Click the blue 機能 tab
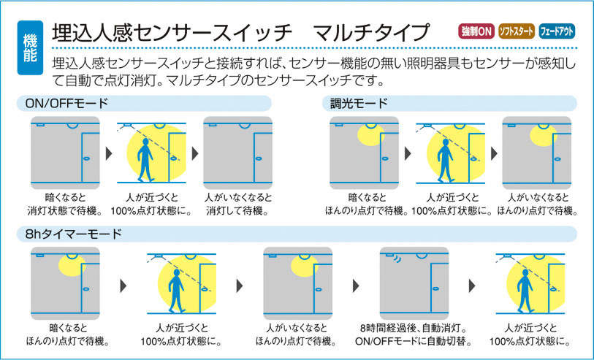[30, 47]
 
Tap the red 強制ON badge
[476, 31]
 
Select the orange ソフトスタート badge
[517, 31]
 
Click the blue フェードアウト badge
[557, 31]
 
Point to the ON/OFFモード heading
[66, 104]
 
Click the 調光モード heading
[359, 104]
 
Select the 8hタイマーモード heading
[74, 234]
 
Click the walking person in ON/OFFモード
[145, 159]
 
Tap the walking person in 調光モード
[445, 160]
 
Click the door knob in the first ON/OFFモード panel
[86, 158]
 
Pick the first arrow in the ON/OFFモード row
[109, 153]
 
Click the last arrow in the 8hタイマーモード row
[472, 286]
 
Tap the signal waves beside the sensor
[396, 258]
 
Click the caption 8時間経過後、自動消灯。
[414, 328]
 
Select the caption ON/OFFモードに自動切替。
[414, 342]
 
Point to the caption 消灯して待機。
[237, 211]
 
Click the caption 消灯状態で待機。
[65, 211]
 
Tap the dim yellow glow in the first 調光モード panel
[370, 135]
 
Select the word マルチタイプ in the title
[372, 32]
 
